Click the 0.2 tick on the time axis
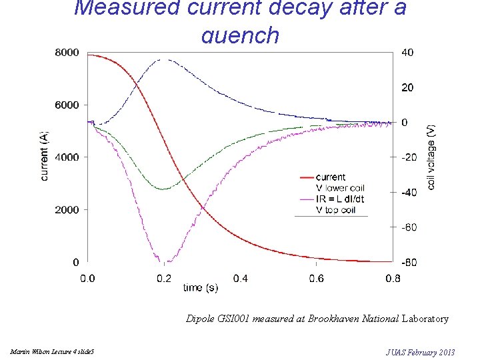[163, 278]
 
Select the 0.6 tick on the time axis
[317, 278]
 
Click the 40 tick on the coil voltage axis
[407, 53]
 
